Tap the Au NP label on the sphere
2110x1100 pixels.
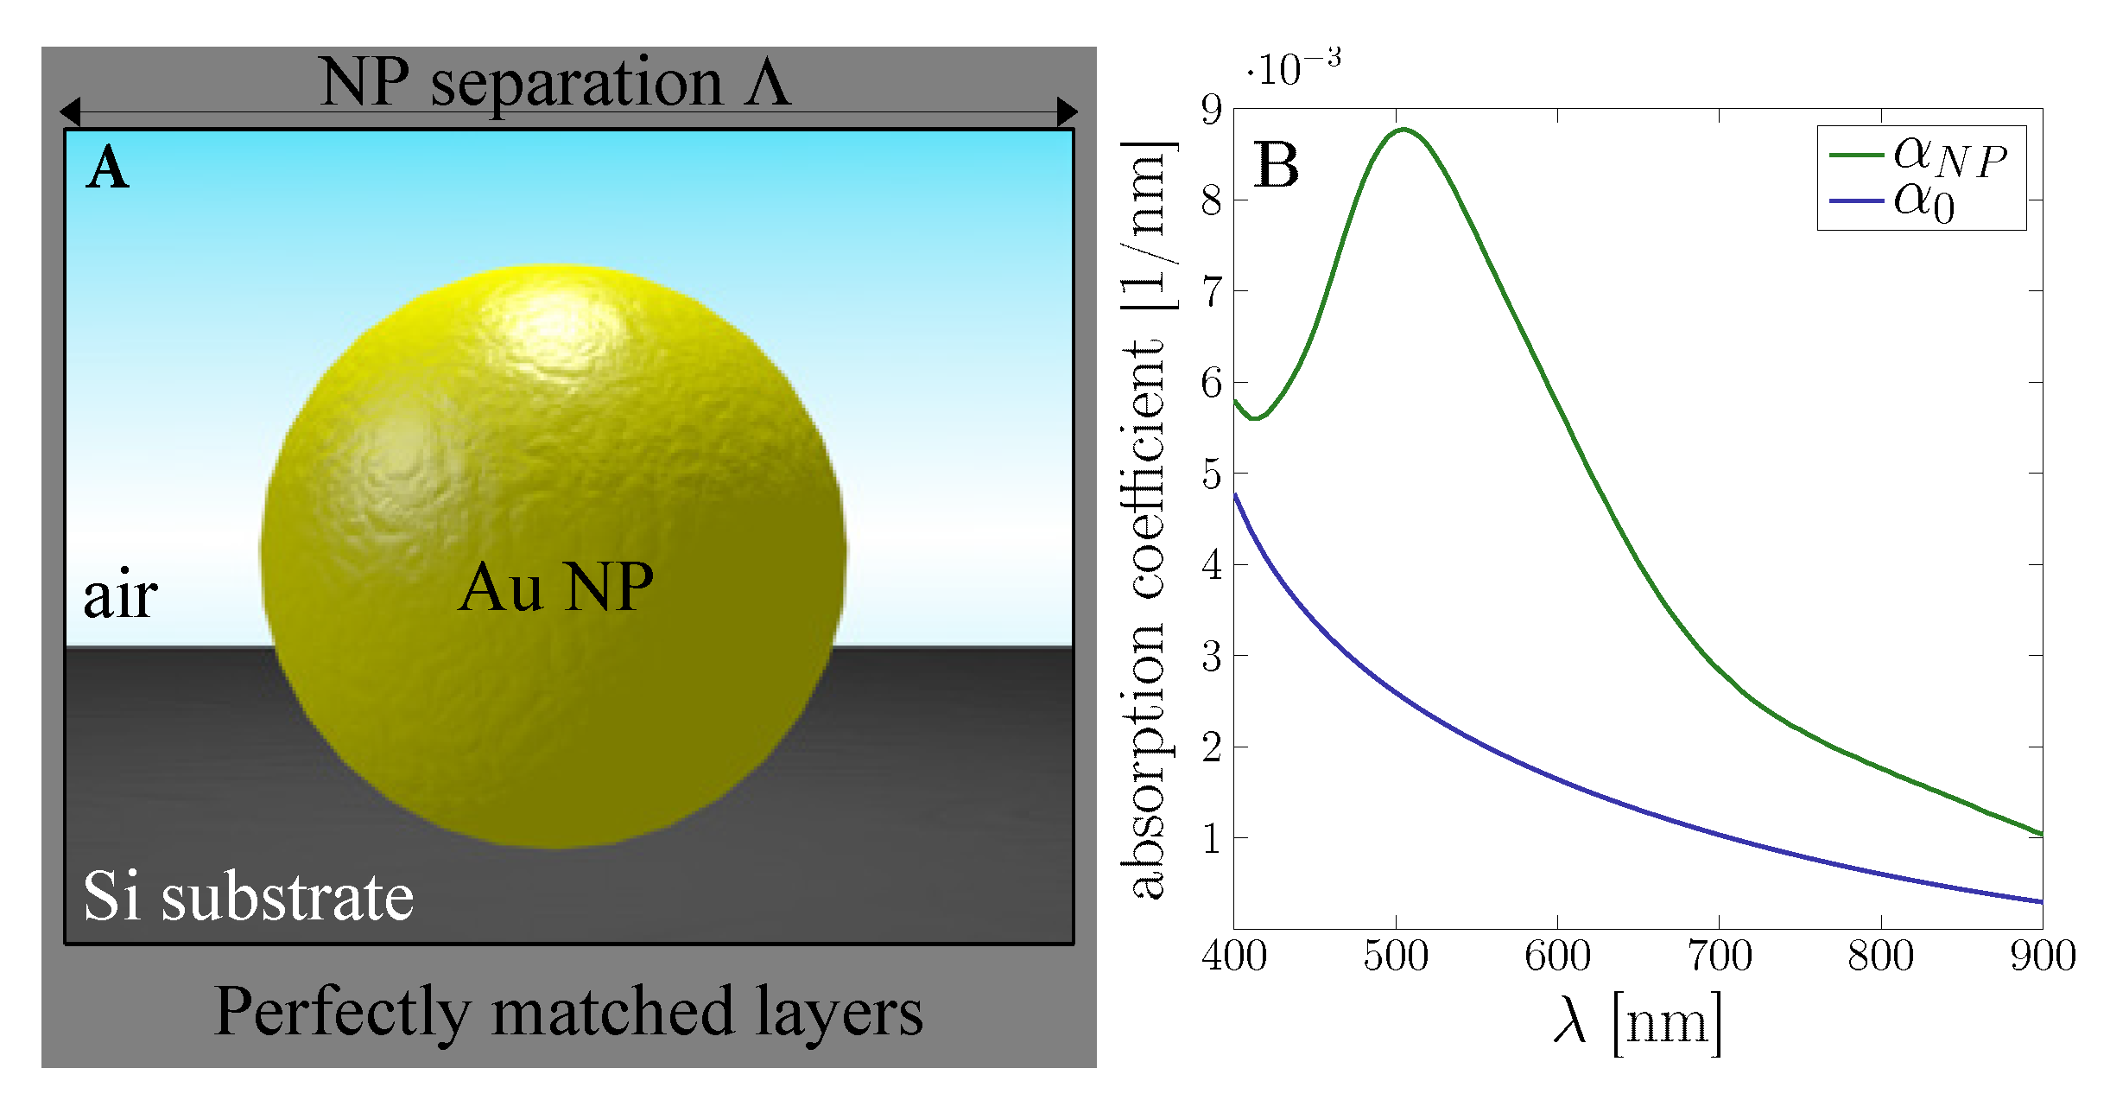pyautogui.click(x=555, y=588)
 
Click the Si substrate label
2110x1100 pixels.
pyautogui.click(x=248, y=896)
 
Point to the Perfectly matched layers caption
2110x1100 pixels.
pyautogui.click(x=568, y=1012)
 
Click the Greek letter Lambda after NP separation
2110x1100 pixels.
pyautogui.click(x=768, y=82)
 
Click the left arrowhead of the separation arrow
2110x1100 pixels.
pyautogui.click(x=70, y=111)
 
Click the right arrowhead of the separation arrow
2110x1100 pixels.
pyautogui.click(x=1068, y=111)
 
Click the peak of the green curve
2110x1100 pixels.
pyautogui.click(x=1403, y=130)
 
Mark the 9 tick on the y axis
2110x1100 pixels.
pyautogui.click(x=1212, y=110)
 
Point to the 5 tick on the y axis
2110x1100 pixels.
pyautogui.click(x=1212, y=474)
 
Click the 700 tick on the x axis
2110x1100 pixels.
pyautogui.click(x=1719, y=956)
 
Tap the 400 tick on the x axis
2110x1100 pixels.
pyautogui.click(x=1234, y=956)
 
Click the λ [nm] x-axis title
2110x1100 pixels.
pyautogui.click(x=1638, y=1023)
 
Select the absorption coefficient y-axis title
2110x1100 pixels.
pyautogui.click(x=1149, y=518)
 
